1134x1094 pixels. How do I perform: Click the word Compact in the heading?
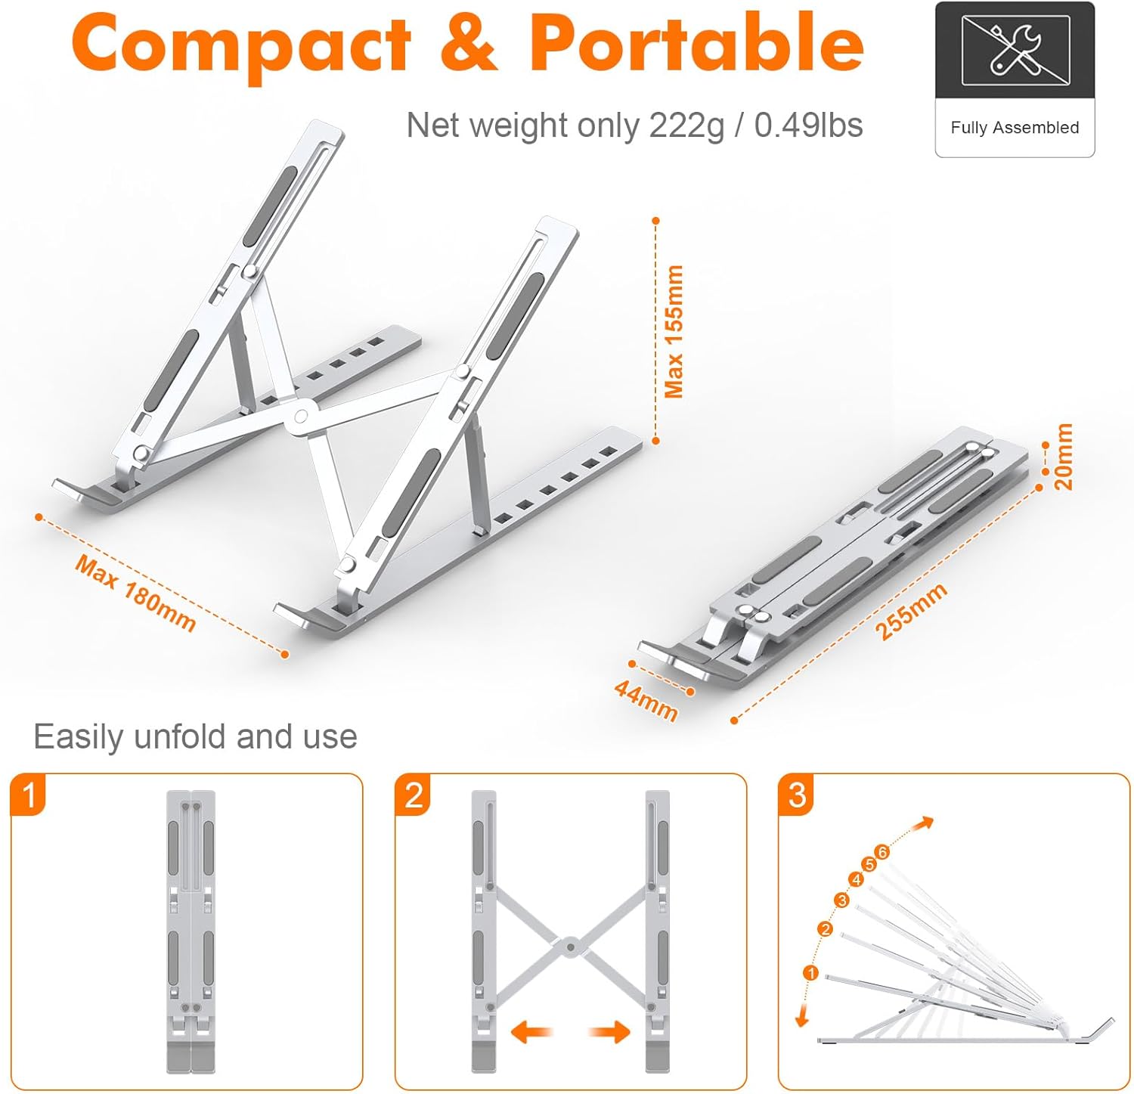click(241, 44)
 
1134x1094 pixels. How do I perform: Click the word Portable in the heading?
click(696, 42)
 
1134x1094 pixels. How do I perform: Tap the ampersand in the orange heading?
click(469, 42)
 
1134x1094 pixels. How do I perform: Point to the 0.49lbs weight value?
click(808, 126)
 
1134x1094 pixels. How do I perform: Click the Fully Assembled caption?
click(1015, 128)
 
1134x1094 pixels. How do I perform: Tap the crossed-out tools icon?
click(1015, 50)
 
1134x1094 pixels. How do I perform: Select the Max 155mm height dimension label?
click(674, 331)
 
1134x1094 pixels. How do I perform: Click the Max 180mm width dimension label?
click(136, 593)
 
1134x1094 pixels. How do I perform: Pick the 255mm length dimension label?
click(911, 612)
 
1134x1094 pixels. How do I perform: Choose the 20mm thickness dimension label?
click(1063, 457)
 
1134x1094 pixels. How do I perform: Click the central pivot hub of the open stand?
click(301, 415)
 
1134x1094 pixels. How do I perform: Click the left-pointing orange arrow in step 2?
click(532, 1031)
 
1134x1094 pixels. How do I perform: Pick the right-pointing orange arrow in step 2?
click(610, 1031)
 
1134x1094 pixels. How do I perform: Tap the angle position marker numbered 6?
click(882, 852)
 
